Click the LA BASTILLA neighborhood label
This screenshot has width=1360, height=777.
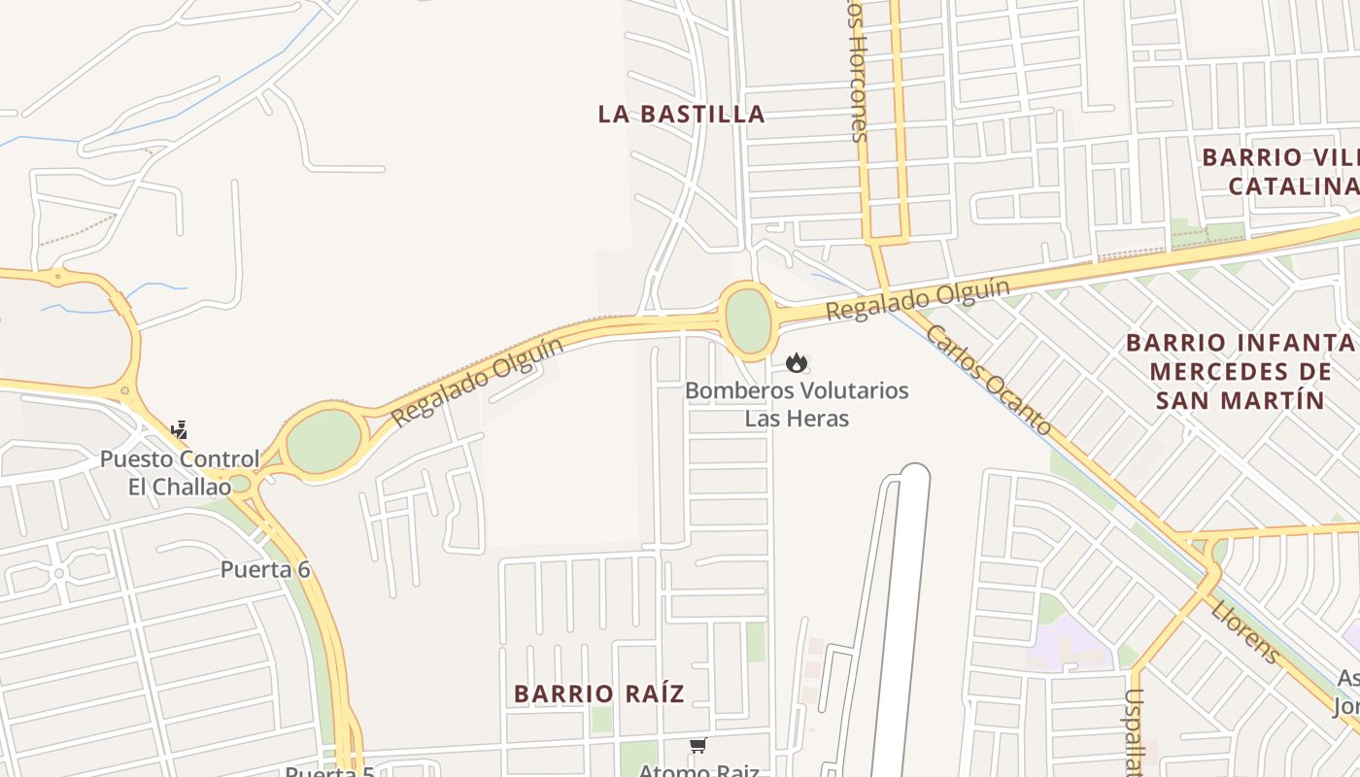tap(681, 115)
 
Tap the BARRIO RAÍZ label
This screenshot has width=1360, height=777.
tap(598, 693)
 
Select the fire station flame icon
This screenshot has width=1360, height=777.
tap(797, 363)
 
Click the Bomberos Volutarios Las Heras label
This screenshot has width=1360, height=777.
tap(797, 404)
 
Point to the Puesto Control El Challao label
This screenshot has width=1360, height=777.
tap(180, 472)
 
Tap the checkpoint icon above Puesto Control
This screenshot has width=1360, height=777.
tap(179, 429)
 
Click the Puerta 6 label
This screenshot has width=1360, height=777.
tap(265, 569)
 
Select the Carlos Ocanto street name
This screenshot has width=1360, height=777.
tap(988, 379)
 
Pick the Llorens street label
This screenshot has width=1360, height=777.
tap(1245, 631)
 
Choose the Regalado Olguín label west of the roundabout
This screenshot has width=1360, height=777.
tap(477, 381)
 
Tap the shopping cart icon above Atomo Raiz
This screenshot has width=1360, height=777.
tap(697, 746)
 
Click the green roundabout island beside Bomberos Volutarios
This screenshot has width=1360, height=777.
tap(748, 321)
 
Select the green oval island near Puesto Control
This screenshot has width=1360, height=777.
tap(323, 441)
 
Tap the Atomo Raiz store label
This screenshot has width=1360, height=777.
tap(697, 770)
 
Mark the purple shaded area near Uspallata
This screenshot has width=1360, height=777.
tap(1069, 647)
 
